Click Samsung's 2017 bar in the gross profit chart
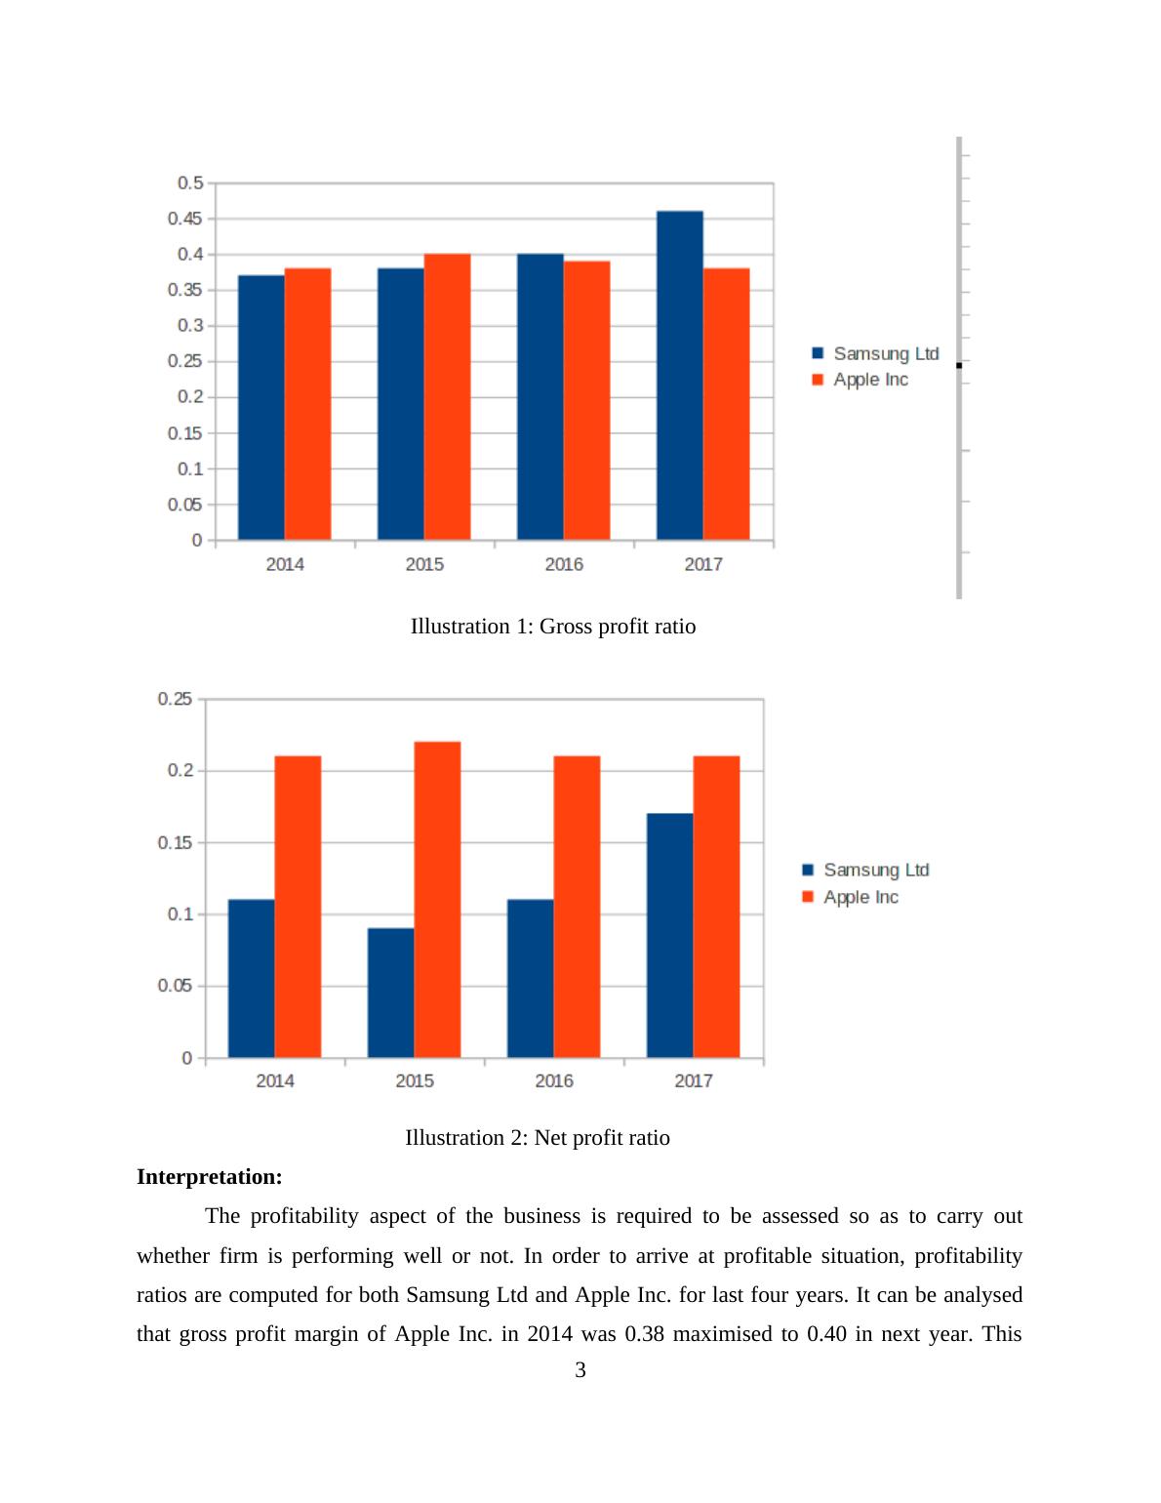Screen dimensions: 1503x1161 679,376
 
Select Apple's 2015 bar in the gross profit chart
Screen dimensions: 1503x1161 447,397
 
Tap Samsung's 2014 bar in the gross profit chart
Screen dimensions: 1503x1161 261,408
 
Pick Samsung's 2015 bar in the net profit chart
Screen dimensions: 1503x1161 390,993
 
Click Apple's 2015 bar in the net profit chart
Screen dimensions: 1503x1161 437,900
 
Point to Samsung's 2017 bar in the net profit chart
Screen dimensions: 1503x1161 669,935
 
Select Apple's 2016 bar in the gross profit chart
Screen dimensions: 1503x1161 586,400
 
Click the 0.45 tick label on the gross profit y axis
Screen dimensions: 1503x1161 185,219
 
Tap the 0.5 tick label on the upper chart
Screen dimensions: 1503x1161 190,183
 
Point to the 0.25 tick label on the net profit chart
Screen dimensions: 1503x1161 176,699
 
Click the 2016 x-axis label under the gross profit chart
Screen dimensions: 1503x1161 564,564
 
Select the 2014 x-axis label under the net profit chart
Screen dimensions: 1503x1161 275,1080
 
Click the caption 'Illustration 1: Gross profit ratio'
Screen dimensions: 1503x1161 553,627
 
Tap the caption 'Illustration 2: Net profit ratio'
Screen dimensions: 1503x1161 538,1138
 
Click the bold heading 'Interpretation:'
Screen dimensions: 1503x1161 210,1177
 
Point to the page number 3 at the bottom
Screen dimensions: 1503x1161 580,1370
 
